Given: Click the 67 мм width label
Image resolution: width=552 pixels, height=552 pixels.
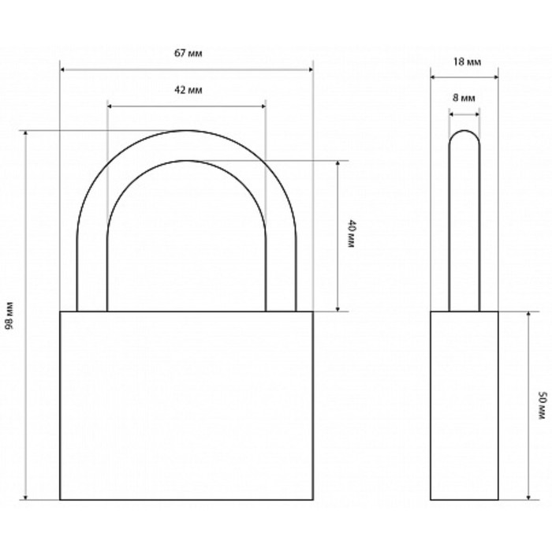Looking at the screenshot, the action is [188, 54].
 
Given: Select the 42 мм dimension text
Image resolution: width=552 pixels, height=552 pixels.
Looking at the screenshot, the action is [188, 90].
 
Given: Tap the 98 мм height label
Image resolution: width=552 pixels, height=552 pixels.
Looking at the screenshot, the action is [9, 315].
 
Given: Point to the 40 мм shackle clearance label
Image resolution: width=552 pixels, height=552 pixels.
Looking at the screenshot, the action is [352, 233].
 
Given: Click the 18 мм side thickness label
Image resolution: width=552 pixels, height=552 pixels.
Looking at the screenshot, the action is [467, 62].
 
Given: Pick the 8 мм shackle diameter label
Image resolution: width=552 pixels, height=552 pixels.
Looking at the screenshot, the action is [464, 98].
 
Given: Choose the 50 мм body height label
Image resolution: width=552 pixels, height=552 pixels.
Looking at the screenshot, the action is [543, 405].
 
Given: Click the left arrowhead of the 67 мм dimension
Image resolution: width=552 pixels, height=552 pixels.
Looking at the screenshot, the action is [62, 69].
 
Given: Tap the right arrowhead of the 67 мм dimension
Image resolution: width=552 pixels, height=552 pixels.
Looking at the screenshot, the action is [311, 69].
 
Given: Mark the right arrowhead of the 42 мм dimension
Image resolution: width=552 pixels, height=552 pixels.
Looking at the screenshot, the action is [263, 106].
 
